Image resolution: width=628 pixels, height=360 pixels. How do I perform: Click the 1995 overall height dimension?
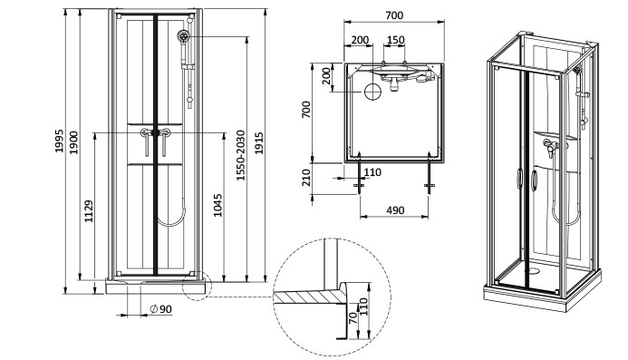point(59,141)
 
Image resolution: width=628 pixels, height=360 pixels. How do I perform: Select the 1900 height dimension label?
point(74,142)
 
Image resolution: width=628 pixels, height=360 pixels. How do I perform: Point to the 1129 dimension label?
point(89,211)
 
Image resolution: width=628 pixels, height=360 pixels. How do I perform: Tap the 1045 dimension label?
point(217,205)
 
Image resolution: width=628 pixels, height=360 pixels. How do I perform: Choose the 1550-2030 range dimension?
point(240,155)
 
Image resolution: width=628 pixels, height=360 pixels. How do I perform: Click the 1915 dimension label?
point(259,143)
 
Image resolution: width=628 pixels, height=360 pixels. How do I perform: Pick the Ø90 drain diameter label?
point(160,309)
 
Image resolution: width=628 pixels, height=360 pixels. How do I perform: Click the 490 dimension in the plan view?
point(395,210)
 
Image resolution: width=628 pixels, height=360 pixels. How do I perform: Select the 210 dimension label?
point(306,178)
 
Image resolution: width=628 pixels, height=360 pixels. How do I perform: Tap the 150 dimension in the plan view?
point(396,40)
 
